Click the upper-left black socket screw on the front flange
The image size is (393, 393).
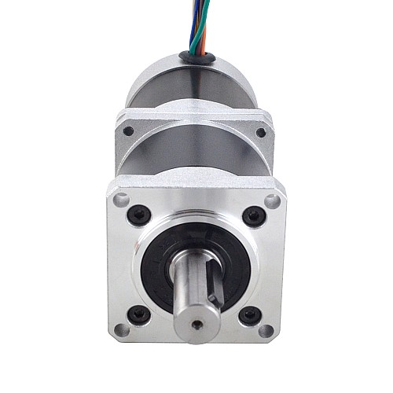141,213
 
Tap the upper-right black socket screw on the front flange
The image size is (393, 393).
252,215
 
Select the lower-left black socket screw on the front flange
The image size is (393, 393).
139,314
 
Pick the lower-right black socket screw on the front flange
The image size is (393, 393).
249,317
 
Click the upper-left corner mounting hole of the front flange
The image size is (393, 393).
120,200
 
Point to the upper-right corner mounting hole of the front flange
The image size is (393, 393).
272,202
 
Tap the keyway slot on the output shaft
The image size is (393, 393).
214,287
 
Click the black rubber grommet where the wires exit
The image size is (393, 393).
196,55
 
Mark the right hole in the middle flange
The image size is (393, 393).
261,132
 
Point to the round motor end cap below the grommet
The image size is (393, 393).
196,86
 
